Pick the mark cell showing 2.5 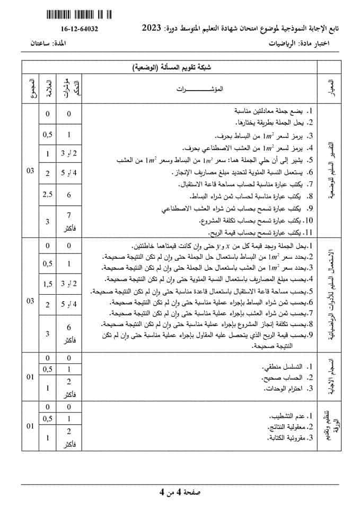[x=48, y=194]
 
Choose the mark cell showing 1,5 [x=48, y=285]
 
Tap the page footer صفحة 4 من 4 [x=180, y=493]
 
